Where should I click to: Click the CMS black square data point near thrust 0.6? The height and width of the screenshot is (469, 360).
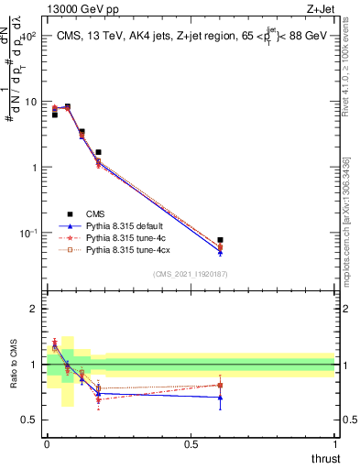click(220, 240)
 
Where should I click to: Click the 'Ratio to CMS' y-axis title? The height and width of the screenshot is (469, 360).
click(15, 365)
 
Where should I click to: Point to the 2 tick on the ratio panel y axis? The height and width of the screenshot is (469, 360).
click(33, 309)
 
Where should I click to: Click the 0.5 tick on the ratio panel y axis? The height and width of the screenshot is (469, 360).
click(28, 420)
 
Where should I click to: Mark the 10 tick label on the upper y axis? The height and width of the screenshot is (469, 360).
click(28, 103)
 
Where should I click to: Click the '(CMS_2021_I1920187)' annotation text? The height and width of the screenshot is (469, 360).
click(190, 273)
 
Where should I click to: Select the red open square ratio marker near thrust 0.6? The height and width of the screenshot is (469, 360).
click(220, 385)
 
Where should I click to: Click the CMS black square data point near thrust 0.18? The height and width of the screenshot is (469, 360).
click(98, 152)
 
